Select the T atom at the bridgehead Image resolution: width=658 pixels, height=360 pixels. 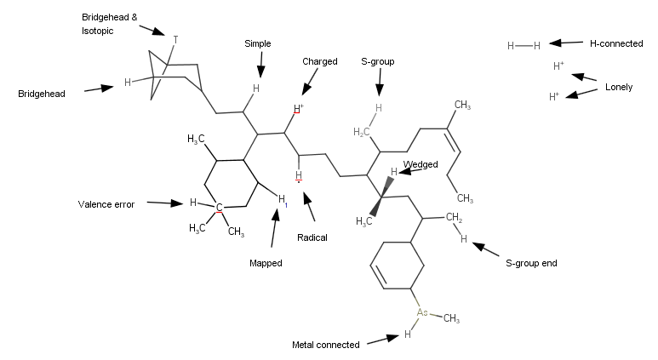coord(175,39)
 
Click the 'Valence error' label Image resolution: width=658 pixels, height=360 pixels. coord(106,204)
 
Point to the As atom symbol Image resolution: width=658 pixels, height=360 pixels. coord(421,312)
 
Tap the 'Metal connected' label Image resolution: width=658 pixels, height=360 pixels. coord(326,345)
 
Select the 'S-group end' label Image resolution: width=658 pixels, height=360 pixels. coord(531,264)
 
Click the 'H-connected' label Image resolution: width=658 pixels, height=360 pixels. coord(616,43)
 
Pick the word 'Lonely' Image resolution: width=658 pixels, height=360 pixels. coord(619,87)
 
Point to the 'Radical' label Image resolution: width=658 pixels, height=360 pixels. coord(312,237)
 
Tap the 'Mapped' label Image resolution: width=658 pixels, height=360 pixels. coord(266,263)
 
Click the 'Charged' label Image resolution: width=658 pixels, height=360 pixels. coord(320,61)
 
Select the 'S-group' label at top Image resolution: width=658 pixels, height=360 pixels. coord(377,61)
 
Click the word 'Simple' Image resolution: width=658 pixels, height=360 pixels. coord(258,43)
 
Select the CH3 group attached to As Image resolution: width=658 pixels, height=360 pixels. coord(451,319)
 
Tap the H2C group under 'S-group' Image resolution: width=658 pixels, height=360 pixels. coord(362,132)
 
